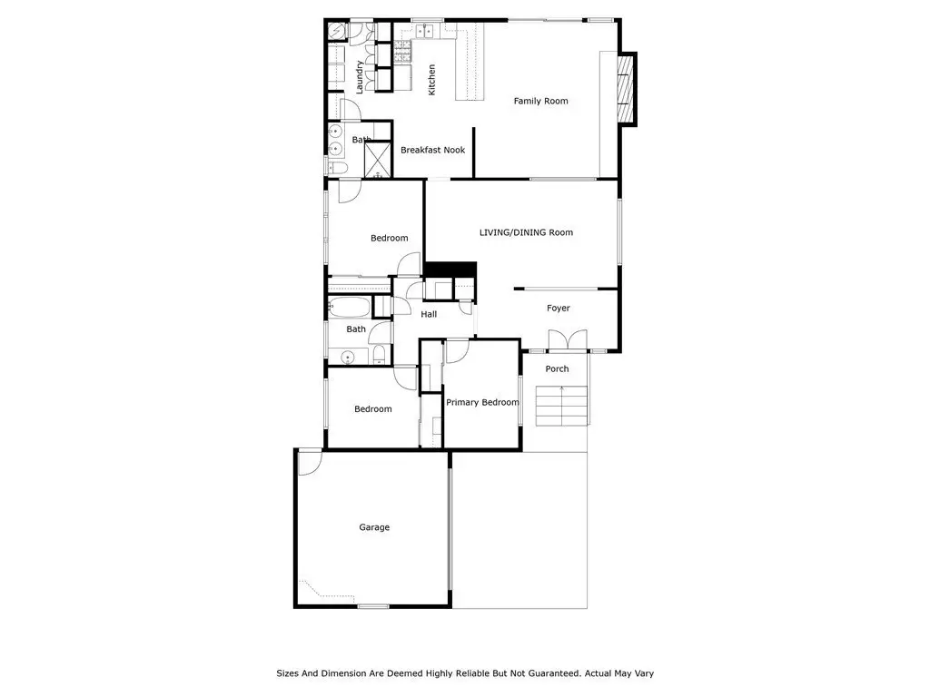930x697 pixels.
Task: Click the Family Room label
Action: [x=540, y=101]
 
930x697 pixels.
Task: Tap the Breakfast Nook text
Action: [x=433, y=150]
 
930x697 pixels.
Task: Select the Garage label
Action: [x=374, y=527]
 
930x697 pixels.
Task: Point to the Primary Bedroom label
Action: [x=482, y=402]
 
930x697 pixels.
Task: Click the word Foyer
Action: [x=559, y=309]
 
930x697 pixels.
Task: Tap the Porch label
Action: [x=557, y=368]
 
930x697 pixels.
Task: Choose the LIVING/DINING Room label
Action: [x=526, y=232]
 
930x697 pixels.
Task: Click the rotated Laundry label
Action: [x=359, y=77]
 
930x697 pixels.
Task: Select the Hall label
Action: [x=429, y=314]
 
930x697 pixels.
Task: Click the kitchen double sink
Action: [x=424, y=31]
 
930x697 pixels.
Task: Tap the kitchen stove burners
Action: [x=403, y=52]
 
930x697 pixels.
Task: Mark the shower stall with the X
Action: [x=377, y=159]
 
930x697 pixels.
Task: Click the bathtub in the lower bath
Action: [x=350, y=308]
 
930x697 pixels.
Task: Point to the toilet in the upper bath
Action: [x=339, y=168]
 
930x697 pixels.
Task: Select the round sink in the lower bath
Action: [x=348, y=357]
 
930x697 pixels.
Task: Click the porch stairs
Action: [x=561, y=406]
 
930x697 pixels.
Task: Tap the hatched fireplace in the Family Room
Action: [x=627, y=89]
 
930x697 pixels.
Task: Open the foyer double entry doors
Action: [x=568, y=341]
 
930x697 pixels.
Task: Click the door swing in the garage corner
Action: [x=310, y=463]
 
